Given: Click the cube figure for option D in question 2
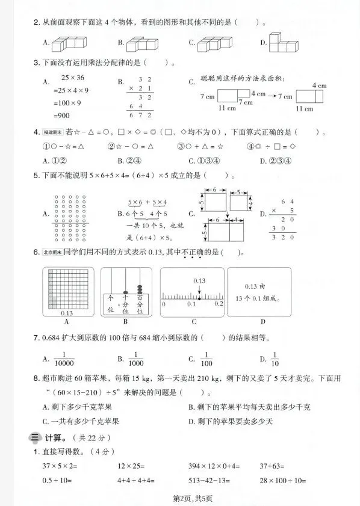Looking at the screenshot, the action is coord(284,43).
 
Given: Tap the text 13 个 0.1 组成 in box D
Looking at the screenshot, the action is coord(260,297).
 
